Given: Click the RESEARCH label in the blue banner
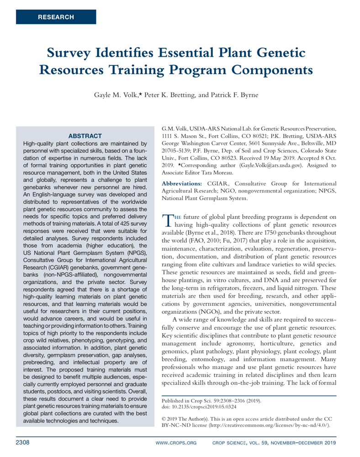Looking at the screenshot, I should pyautogui.click(x=56, y=17).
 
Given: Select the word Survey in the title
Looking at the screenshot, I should pyautogui.click(x=71, y=53).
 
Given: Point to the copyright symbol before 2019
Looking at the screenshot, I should pyautogui.click(x=164, y=418).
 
